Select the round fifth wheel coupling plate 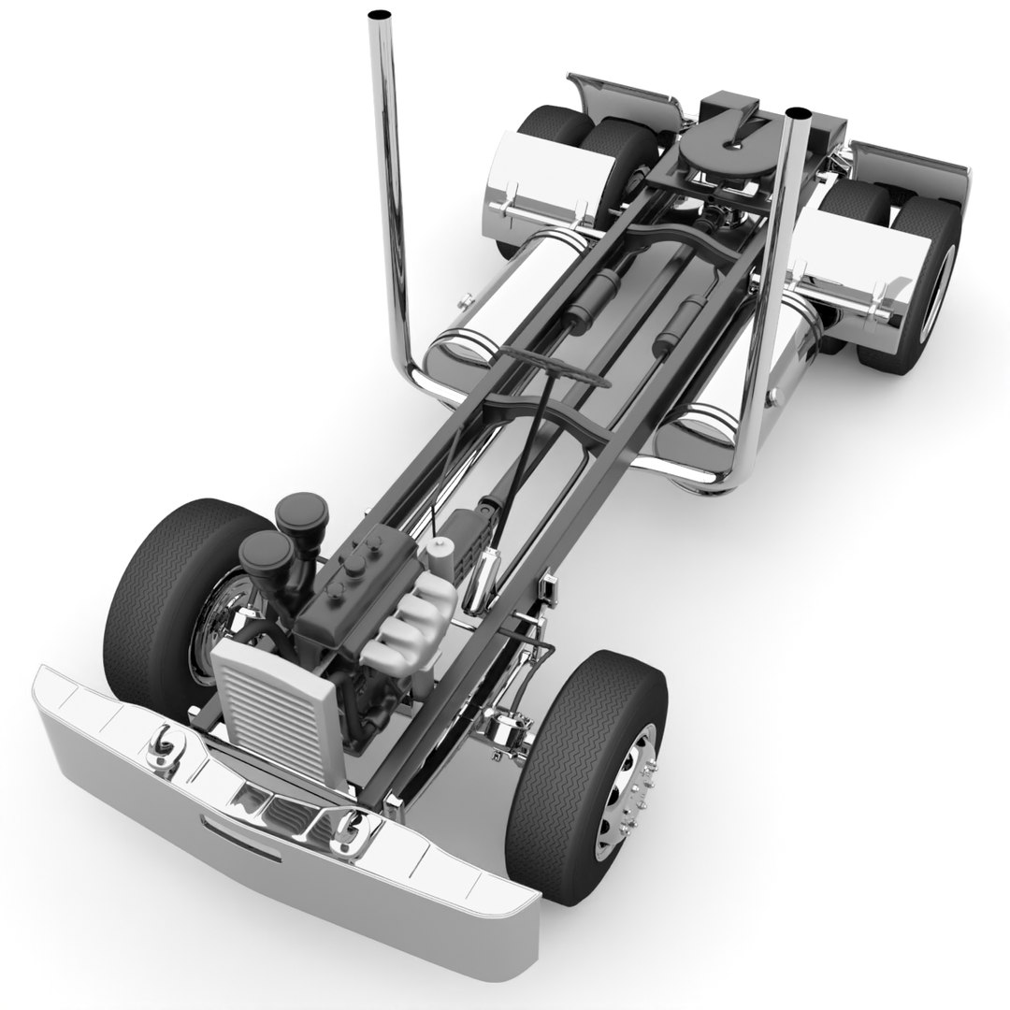[723, 147]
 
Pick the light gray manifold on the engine [411, 616]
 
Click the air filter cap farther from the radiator [301, 513]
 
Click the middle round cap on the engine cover [356, 566]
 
